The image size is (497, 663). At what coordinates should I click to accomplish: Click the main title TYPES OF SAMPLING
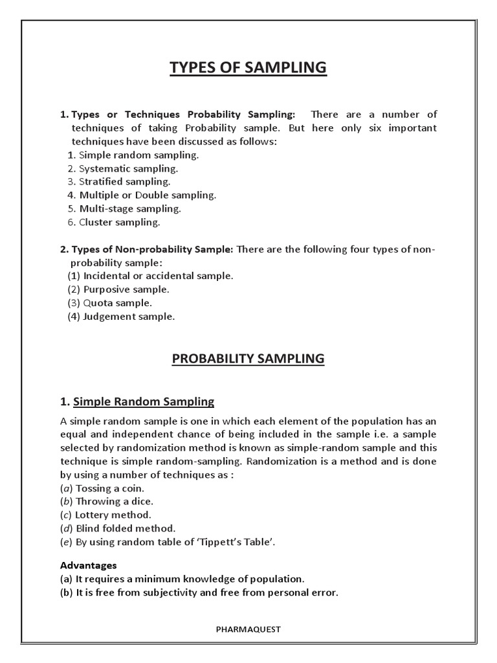pyautogui.click(x=248, y=68)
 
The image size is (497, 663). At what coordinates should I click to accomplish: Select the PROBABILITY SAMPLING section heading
pyautogui.click(x=248, y=358)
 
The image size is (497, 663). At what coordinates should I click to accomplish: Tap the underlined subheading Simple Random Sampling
pyautogui.click(x=144, y=401)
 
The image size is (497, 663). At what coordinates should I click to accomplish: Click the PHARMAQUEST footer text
pyautogui.click(x=248, y=627)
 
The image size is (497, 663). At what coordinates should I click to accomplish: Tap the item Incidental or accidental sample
pyautogui.click(x=150, y=276)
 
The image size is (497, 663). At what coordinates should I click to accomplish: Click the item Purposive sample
pyautogui.click(x=119, y=289)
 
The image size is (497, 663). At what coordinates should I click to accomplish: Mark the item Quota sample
pyautogui.click(x=111, y=303)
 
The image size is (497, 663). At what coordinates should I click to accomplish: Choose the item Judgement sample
pyautogui.click(x=122, y=317)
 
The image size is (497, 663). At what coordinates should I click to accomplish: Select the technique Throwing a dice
pyautogui.click(x=108, y=501)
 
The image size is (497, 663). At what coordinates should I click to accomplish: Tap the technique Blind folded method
pyautogui.click(x=118, y=528)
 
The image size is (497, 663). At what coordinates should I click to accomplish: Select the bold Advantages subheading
pyautogui.click(x=88, y=565)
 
